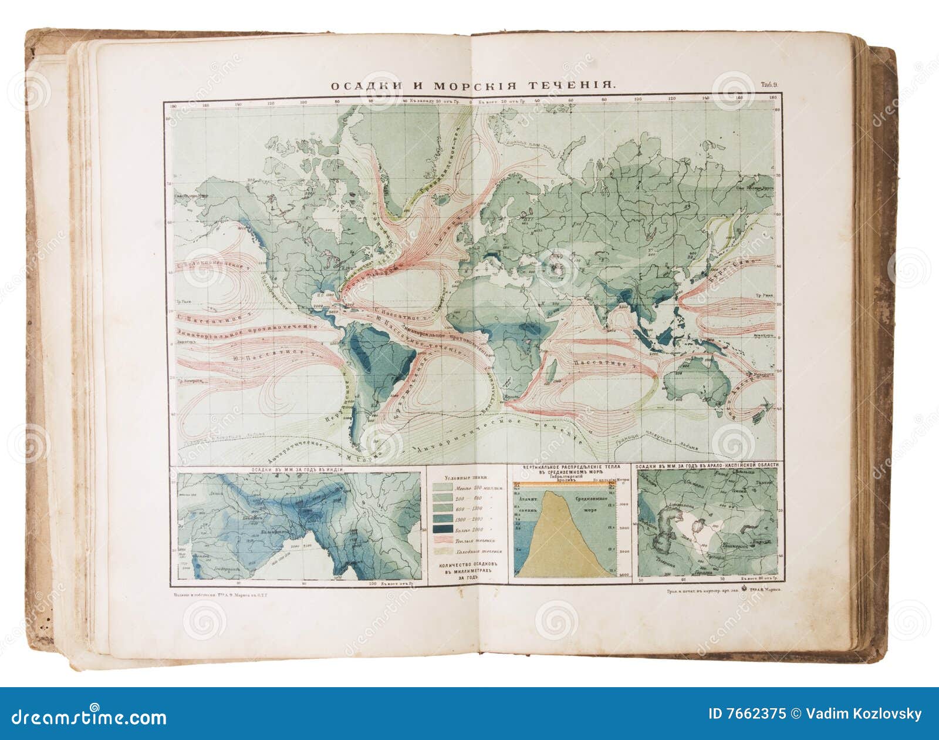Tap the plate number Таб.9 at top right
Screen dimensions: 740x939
click(770, 85)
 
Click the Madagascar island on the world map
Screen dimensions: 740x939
click(552, 369)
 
